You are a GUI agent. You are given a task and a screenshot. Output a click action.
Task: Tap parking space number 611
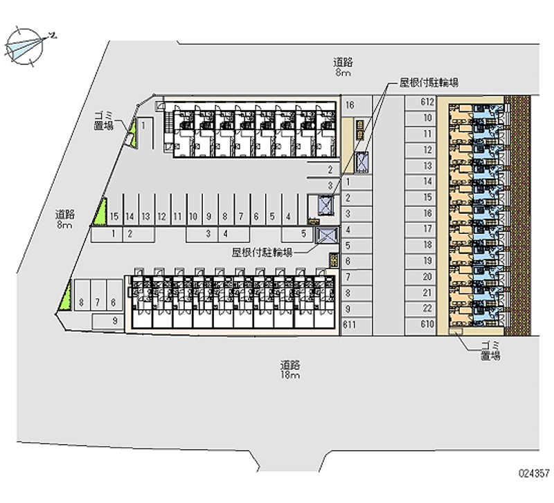(350, 324)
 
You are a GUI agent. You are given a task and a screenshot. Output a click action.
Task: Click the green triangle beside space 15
(102, 211)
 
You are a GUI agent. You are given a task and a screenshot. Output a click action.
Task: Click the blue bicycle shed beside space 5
(325, 235)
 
